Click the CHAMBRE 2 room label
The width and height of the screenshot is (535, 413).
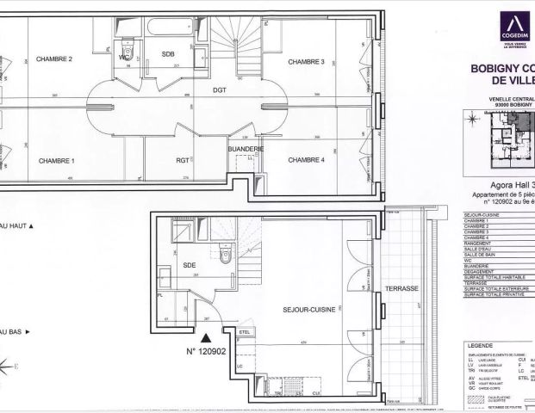coord(53,59)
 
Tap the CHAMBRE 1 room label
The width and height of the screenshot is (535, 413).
coord(55,161)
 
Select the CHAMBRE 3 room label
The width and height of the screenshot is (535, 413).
coord(306,62)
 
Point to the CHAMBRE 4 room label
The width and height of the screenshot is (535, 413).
coord(306,160)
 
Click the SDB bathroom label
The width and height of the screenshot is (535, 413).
coord(167,53)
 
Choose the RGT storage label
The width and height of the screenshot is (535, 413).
coord(182,160)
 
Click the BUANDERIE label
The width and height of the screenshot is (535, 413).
coord(246,149)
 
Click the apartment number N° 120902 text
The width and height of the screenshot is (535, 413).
coord(206,351)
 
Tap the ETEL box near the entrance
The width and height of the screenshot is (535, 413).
coord(243,332)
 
